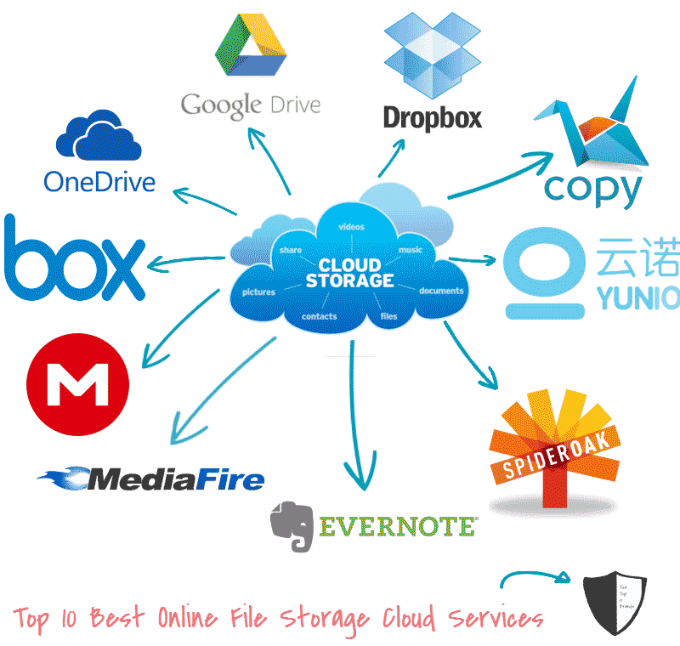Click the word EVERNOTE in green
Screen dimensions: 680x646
coord(397,526)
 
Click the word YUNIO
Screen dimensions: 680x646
coord(636,297)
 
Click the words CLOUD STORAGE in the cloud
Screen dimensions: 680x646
coord(349,273)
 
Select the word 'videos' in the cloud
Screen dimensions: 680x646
coord(351,227)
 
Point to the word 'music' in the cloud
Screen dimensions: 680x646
coord(411,250)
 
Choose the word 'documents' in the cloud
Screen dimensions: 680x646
coord(441,291)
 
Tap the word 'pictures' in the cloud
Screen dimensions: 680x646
coord(258,292)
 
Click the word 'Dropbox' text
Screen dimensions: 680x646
coord(432,117)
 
